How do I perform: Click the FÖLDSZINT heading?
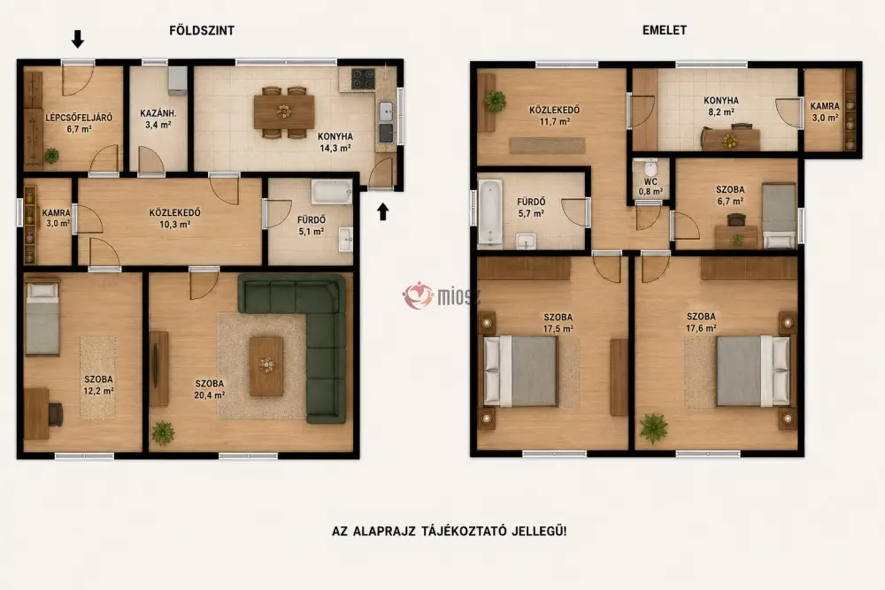202,30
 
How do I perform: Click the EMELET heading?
665,30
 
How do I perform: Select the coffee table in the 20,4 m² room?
266,366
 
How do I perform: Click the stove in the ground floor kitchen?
363,79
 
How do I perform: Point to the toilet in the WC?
650,168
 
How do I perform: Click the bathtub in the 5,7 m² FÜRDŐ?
490,212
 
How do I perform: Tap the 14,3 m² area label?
335,149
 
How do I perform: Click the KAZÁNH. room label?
158,113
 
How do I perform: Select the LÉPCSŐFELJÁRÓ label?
79,118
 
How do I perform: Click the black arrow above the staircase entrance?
78,39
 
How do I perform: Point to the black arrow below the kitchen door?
383,211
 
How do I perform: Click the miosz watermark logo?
440,295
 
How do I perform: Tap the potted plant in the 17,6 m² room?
654,427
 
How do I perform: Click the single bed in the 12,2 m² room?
42,317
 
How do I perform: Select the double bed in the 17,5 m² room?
519,372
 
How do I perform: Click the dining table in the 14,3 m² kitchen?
284,111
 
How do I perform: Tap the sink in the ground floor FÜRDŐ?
345,239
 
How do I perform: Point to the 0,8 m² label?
650,192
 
